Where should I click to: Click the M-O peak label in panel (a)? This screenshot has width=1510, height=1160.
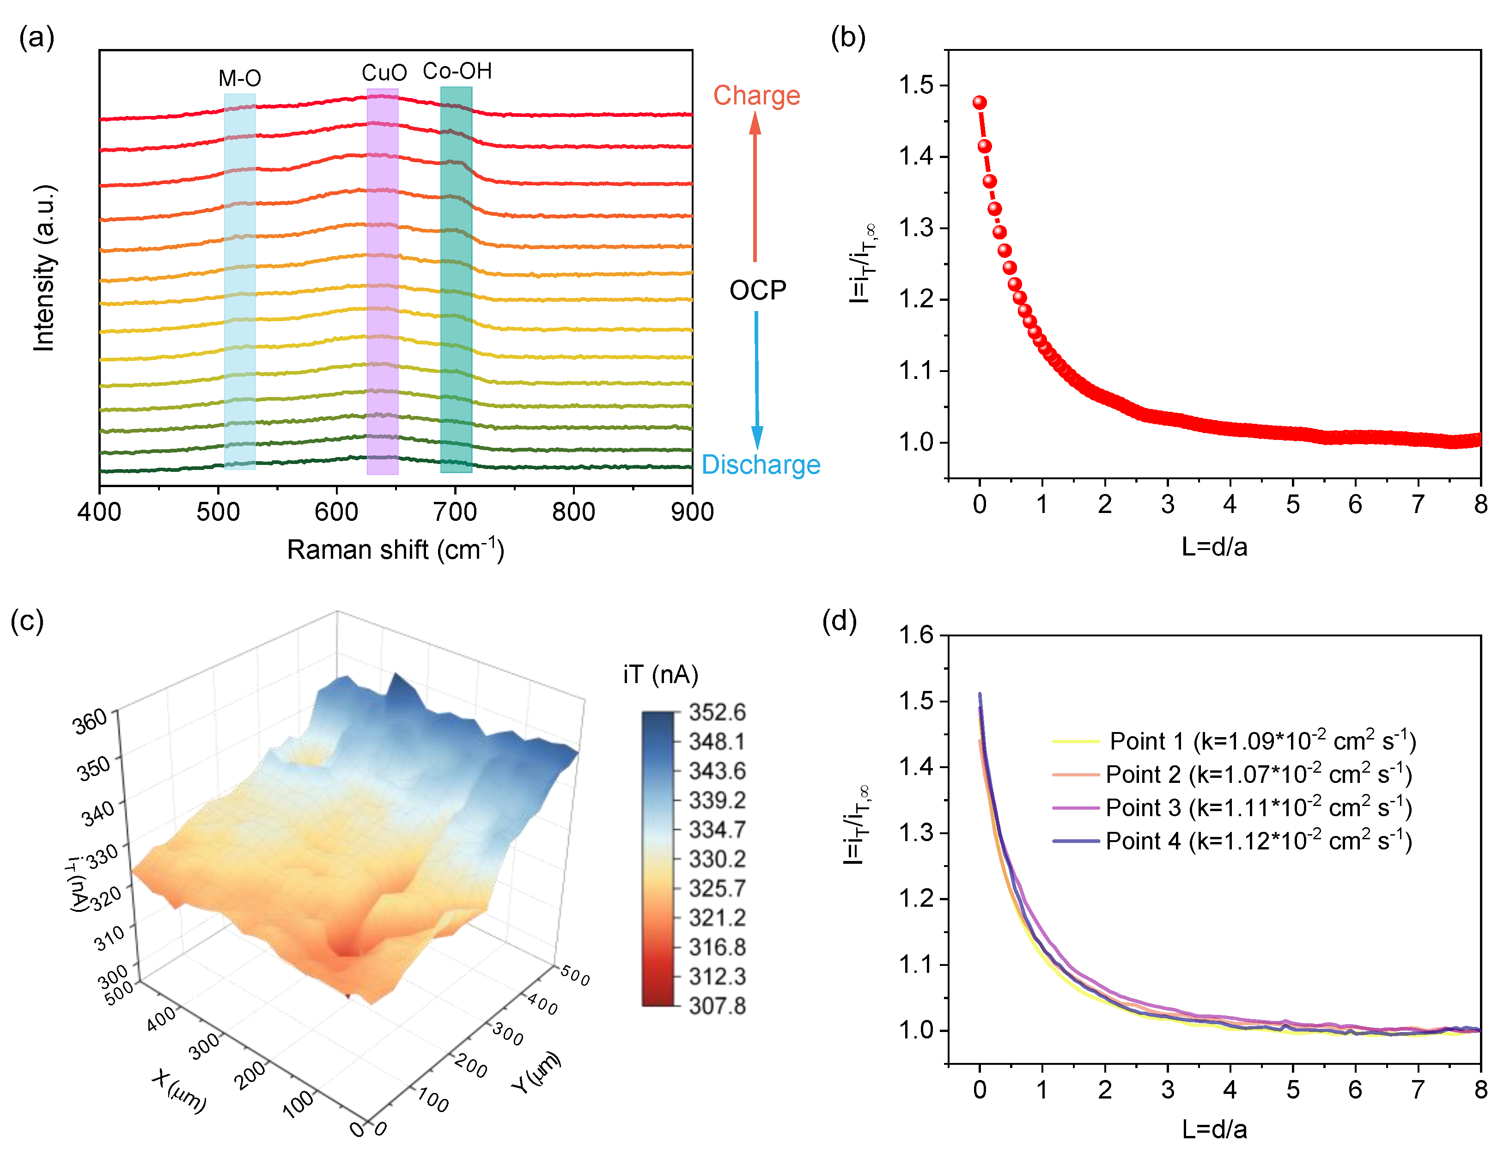(x=240, y=78)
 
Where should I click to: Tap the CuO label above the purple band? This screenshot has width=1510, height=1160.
(x=384, y=73)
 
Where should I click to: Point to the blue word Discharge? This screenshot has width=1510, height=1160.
(x=761, y=464)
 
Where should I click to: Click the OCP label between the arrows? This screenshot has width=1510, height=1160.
(x=757, y=290)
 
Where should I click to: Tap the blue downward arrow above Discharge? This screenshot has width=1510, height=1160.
(x=757, y=380)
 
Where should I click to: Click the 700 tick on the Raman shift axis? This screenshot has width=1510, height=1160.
(x=455, y=512)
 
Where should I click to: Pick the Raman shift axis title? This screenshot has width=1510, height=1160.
(x=396, y=549)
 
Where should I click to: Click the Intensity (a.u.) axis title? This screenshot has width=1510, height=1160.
(x=44, y=268)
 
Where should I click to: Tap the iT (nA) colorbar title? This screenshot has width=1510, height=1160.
(x=661, y=675)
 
